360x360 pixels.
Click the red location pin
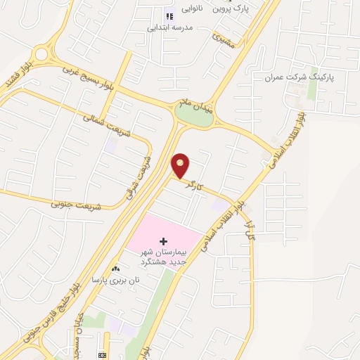coord(181,165)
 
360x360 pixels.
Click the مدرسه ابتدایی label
coord(170,28)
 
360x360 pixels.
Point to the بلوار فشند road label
coord(12,74)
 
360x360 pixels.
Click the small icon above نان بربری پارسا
coord(115,269)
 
